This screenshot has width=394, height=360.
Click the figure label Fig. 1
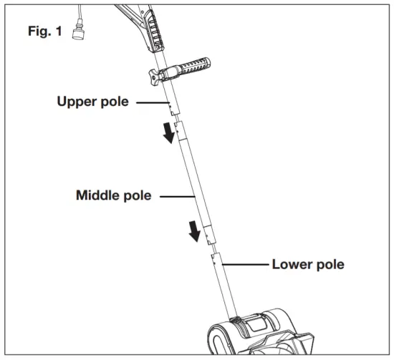(x=44, y=32)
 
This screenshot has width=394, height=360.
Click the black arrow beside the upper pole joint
(x=168, y=132)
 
